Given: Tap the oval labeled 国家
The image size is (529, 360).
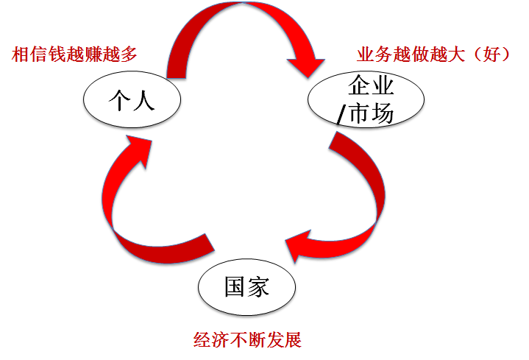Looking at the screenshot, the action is (247, 286).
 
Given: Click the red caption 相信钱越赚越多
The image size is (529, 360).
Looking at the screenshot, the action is (75, 54).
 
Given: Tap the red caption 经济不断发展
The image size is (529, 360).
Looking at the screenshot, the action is (247, 340).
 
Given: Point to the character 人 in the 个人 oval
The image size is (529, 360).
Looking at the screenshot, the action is (144, 100).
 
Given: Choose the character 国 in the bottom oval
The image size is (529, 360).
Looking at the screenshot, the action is (235, 286).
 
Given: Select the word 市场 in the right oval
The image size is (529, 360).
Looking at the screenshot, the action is (371, 115).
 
